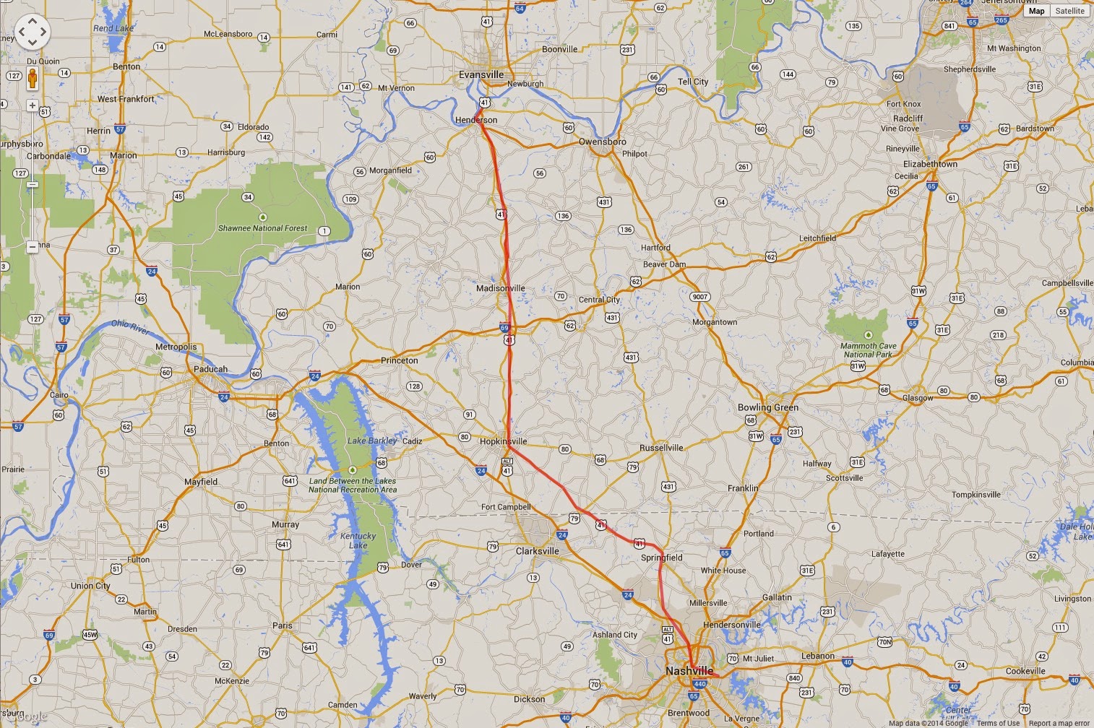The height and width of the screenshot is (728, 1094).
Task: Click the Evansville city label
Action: click(481, 74)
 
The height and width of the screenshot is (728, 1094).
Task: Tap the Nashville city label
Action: click(689, 671)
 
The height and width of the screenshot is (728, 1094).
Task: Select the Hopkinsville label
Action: click(503, 441)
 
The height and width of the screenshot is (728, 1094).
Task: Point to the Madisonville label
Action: click(500, 288)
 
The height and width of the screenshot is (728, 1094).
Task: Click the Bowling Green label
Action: click(767, 407)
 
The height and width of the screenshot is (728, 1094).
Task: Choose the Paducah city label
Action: click(210, 369)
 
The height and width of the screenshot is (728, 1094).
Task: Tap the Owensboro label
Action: click(602, 142)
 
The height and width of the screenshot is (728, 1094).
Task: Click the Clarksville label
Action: click(537, 551)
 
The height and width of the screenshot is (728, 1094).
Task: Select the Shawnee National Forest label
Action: click(262, 228)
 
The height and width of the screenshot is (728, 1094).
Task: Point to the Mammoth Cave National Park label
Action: click(868, 350)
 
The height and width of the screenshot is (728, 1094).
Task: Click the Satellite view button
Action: click(1069, 11)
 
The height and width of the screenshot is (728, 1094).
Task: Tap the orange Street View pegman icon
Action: click(33, 79)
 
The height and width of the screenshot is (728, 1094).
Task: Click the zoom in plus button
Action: click(33, 105)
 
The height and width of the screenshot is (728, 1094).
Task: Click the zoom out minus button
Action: click(33, 247)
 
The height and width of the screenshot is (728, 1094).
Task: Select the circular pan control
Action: click(32, 32)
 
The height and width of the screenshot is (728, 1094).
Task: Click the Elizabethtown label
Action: click(930, 164)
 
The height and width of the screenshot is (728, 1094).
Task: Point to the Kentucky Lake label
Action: click(358, 540)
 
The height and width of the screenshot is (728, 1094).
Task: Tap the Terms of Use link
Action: click(998, 723)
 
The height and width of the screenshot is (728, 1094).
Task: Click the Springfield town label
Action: click(661, 558)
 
